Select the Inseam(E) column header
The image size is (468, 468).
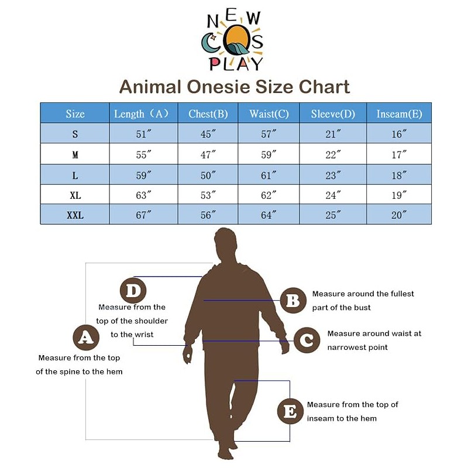(x=399, y=114)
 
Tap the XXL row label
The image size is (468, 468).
(x=75, y=215)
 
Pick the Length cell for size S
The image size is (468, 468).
(x=144, y=135)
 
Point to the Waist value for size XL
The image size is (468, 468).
(x=269, y=195)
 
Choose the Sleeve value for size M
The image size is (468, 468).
(x=333, y=155)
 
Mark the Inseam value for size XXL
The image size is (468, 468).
(x=399, y=215)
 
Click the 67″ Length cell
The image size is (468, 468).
(x=144, y=215)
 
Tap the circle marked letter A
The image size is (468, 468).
(x=86, y=338)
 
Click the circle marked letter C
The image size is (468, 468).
(x=307, y=340)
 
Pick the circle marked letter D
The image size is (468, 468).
(x=133, y=290)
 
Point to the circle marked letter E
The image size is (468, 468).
(x=290, y=412)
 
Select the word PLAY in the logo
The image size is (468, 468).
(x=236, y=63)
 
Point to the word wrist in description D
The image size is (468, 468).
(x=144, y=335)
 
